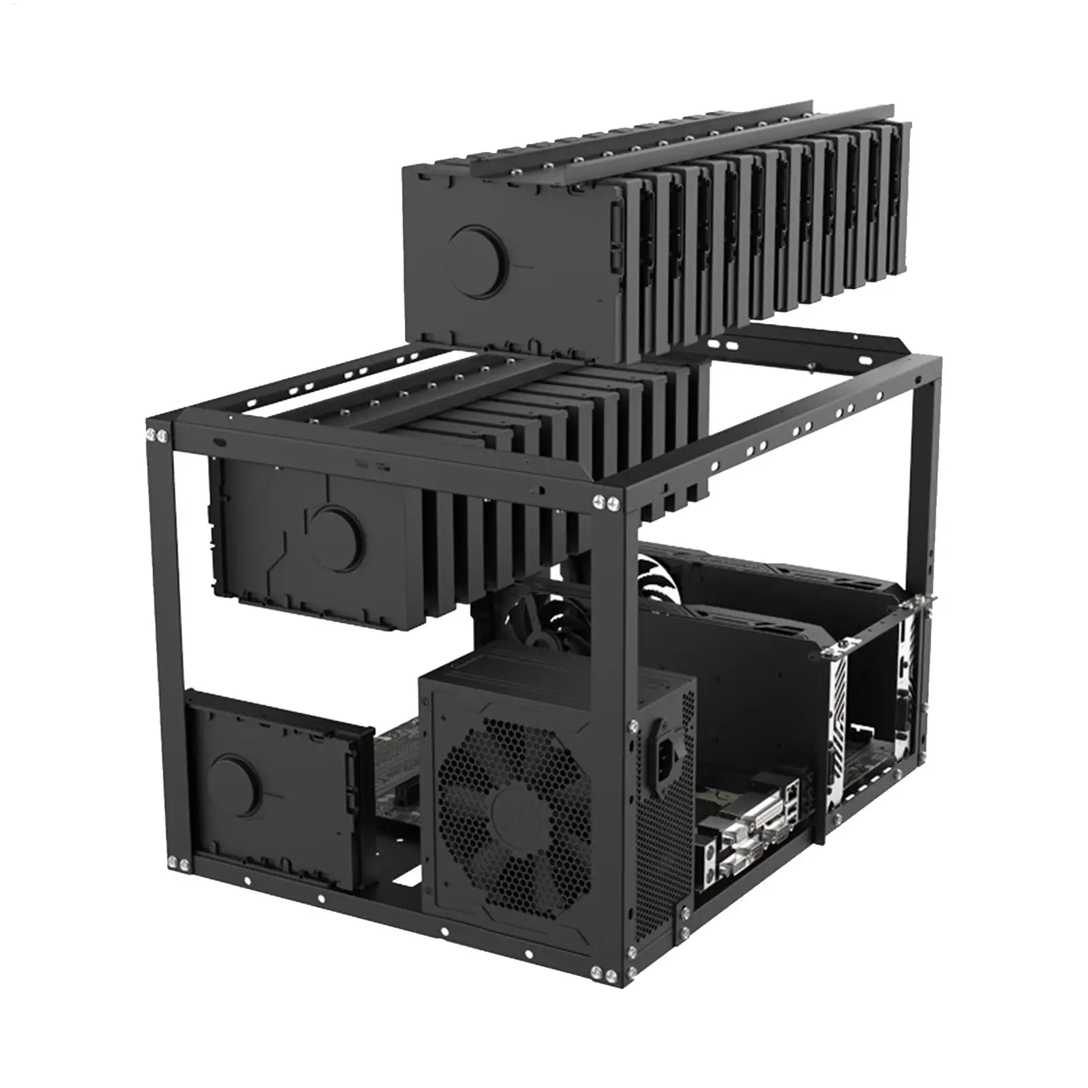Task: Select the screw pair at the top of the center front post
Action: pyautogui.click(x=607, y=502)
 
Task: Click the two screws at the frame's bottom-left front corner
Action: pyautogui.click(x=179, y=864)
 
